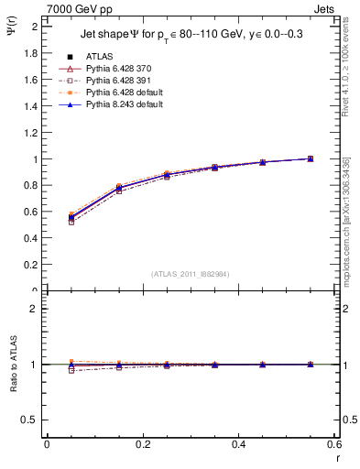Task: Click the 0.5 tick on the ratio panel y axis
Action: coord(30,420)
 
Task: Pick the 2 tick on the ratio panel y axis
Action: coord(35,309)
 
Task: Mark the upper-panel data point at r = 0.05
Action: coord(71,217)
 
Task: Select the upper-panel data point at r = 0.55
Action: coord(311,158)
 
